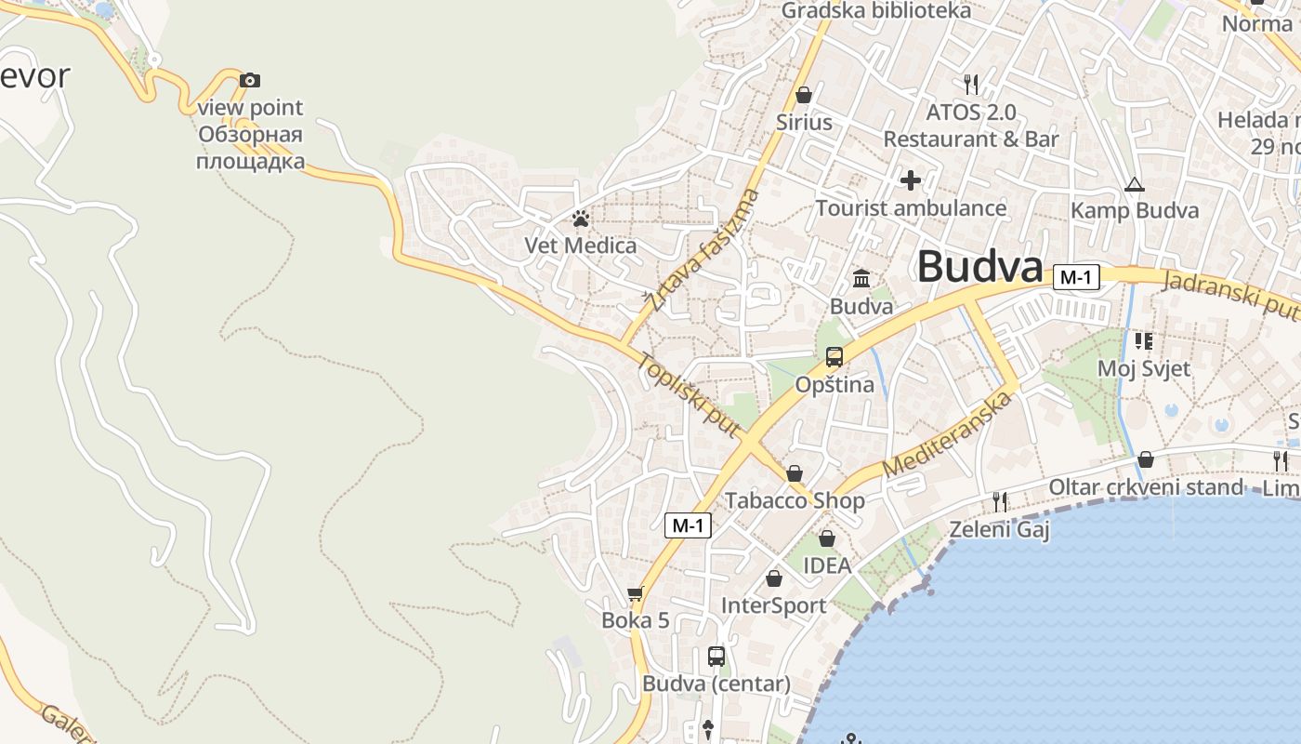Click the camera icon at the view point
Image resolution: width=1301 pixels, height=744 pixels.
[x=249, y=81]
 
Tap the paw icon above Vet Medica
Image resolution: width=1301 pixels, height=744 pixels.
[x=581, y=219]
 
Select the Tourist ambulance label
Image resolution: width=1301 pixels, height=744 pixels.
[x=911, y=207]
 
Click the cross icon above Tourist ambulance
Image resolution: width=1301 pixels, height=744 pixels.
[x=911, y=179]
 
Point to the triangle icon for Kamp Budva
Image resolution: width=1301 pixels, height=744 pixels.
[x=1134, y=184]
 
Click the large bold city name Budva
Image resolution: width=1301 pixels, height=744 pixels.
[x=979, y=267]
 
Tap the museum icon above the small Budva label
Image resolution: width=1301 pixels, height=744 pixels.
[x=861, y=278]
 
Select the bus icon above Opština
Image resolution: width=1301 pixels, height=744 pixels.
[x=834, y=356]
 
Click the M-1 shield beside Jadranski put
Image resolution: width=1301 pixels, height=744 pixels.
[x=1077, y=276]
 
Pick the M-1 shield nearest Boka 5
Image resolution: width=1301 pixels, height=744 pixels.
[x=689, y=525]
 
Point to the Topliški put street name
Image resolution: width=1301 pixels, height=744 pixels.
[x=689, y=394]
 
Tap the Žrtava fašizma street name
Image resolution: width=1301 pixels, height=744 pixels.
[x=703, y=250]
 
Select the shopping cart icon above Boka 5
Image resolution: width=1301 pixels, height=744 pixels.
[x=636, y=593]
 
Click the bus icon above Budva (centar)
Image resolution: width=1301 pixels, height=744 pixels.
[x=716, y=657]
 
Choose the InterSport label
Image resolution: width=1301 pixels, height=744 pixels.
[x=773, y=605]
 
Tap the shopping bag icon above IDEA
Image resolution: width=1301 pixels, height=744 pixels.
[x=827, y=538]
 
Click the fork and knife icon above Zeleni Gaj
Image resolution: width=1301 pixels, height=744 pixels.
[x=1000, y=502]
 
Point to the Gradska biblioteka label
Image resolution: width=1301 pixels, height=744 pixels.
[x=875, y=11]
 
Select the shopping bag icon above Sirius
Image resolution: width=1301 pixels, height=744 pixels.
[x=804, y=95]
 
